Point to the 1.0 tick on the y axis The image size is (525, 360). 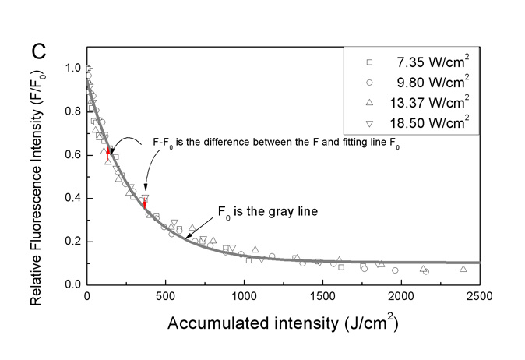(74, 68)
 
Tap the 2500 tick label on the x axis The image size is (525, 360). (479, 297)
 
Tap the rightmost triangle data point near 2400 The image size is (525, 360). (463, 269)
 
